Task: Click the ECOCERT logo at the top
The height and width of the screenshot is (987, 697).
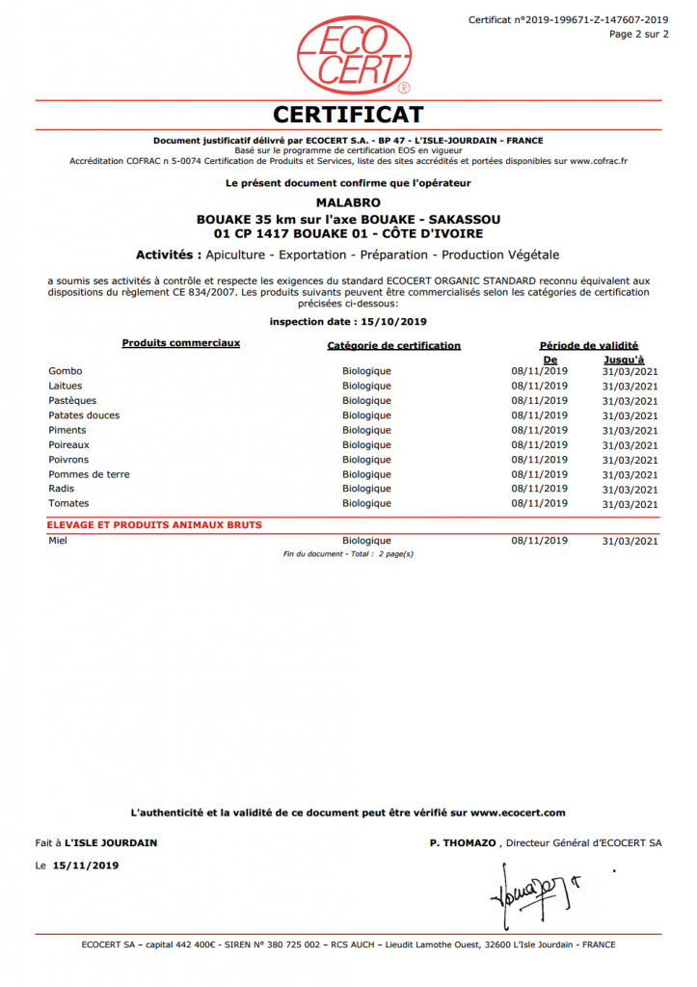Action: pos(348,54)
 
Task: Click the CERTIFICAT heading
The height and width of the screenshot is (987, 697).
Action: pos(348,115)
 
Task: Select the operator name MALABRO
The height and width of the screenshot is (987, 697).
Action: pos(348,203)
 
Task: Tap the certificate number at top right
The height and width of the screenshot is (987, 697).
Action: pos(568,19)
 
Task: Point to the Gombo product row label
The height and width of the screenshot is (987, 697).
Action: pos(65,371)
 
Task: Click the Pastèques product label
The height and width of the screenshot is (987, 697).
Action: pos(72,400)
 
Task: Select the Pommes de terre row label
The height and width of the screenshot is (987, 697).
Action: pos(89,474)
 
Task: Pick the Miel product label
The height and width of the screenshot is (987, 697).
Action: pos(57,541)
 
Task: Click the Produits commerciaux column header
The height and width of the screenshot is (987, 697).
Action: pos(180,343)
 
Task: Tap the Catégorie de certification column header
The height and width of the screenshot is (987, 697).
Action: pos(393,346)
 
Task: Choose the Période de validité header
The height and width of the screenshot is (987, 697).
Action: pos(588,345)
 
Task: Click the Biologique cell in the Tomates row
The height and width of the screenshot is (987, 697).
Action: pos(366,503)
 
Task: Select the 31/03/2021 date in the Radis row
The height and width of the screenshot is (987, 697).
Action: pos(630,490)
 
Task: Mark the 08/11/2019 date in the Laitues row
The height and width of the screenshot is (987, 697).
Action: pos(540,386)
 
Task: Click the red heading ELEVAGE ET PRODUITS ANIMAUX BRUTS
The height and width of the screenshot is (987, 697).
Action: pos(154,525)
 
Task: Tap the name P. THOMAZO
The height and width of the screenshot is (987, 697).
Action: pos(463,842)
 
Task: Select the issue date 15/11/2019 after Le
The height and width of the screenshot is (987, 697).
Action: pos(86,866)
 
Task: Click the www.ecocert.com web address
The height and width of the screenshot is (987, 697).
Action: pos(519,813)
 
